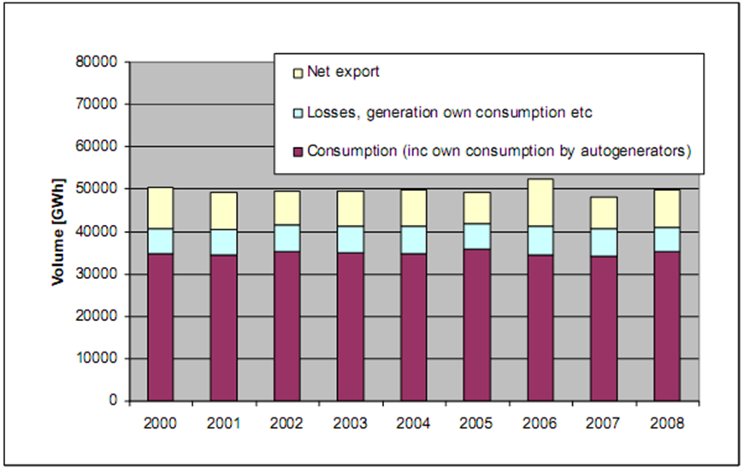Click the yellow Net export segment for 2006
540,203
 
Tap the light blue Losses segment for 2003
350,240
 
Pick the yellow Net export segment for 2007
603,213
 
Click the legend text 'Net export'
342,72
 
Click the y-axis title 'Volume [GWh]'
58,230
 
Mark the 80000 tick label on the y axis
100,62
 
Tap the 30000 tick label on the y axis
100,274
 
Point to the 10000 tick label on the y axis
100,358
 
